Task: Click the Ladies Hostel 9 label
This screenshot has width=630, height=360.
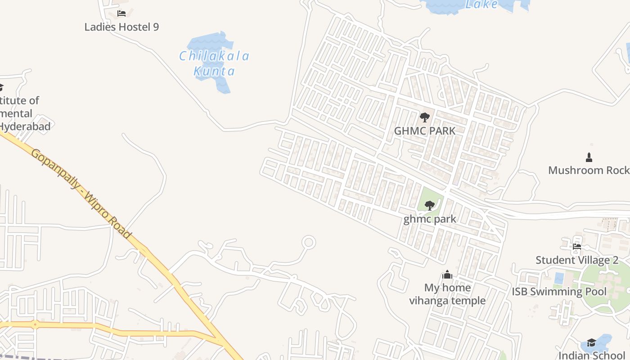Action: click(x=121, y=27)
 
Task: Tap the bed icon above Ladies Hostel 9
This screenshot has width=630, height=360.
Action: click(x=121, y=13)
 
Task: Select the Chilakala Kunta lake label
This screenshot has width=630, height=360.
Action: click(x=215, y=63)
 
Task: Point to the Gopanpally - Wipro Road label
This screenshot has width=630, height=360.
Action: click(x=81, y=193)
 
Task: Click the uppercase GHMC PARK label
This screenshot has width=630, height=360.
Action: click(x=424, y=131)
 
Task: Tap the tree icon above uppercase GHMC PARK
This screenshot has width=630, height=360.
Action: click(x=424, y=118)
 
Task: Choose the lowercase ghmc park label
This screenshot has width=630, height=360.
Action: click(x=430, y=219)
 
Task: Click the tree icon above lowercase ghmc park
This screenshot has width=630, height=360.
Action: click(x=430, y=206)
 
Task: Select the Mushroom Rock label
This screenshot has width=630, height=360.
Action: click(x=588, y=170)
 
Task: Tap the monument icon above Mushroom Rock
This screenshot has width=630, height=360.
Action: click(x=589, y=157)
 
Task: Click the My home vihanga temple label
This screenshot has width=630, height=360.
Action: click(x=447, y=294)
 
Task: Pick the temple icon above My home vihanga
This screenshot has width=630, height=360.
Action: click(x=447, y=274)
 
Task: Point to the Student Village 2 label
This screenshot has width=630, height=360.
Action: click(x=576, y=260)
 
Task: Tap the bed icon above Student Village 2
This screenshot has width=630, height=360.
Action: click(x=576, y=246)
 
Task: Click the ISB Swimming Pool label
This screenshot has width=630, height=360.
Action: click(x=559, y=292)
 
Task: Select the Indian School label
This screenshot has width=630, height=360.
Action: click(x=592, y=355)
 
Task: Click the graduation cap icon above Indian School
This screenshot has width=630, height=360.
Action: click(x=591, y=343)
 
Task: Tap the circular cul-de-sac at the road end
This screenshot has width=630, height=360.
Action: click(x=309, y=243)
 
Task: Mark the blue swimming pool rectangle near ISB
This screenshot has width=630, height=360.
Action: click(x=559, y=278)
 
